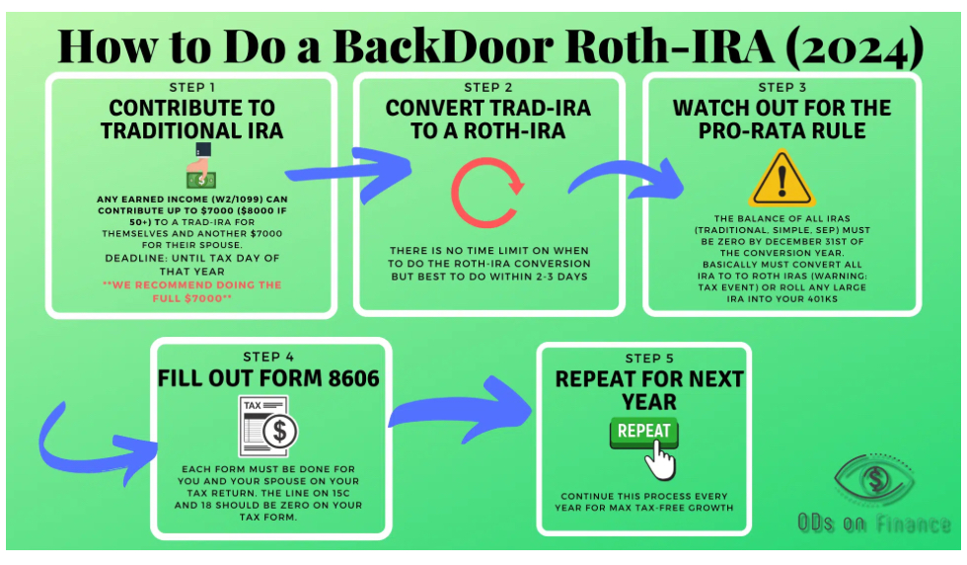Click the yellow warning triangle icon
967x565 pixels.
781,178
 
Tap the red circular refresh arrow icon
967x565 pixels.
487,192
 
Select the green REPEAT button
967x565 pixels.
643,432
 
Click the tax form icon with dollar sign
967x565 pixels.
268,426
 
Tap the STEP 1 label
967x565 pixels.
191,87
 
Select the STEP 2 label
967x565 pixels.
488,87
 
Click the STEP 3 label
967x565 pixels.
781,87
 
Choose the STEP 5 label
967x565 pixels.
643,358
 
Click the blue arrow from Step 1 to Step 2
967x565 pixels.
350,174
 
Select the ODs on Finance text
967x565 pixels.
874,525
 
